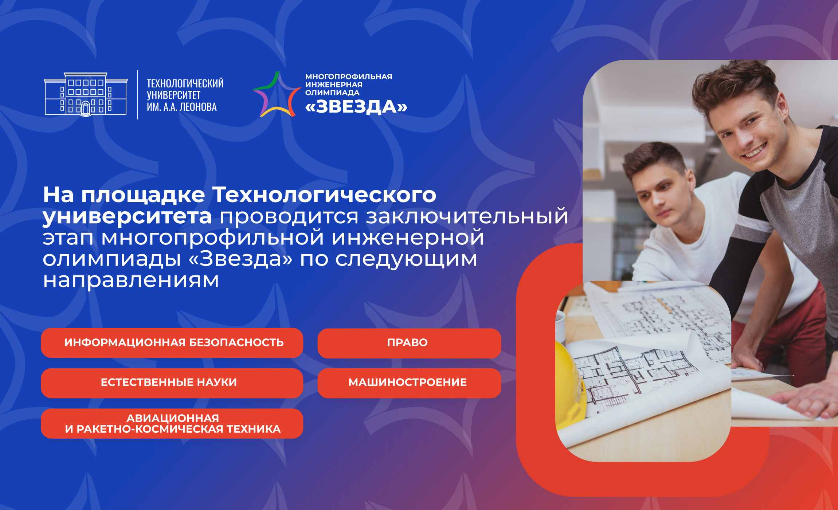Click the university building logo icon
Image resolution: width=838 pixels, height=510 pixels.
point(86,94)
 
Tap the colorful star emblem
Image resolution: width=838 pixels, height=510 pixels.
point(277,94)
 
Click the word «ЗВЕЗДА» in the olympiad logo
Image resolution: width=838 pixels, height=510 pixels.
point(356,107)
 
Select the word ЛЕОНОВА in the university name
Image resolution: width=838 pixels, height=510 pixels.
point(198,107)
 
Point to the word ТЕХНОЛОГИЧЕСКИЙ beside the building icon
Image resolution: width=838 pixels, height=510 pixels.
point(185,83)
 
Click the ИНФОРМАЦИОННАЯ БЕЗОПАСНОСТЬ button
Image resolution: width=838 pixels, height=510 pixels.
point(172,343)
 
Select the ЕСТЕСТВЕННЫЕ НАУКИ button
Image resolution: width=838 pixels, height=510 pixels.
point(172,383)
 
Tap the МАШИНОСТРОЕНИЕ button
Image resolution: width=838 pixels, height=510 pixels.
point(409,383)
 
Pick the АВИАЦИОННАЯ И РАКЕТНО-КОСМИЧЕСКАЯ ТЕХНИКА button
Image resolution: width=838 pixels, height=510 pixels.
point(172,423)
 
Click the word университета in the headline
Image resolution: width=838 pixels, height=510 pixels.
point(127,217)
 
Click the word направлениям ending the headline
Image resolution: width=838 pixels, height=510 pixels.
point(131,280)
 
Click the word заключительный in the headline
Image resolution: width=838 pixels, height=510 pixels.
point(467,216)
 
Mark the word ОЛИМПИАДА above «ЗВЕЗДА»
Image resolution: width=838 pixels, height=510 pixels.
point(332,93)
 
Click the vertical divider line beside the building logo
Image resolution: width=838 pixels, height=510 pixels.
point(137,94)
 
